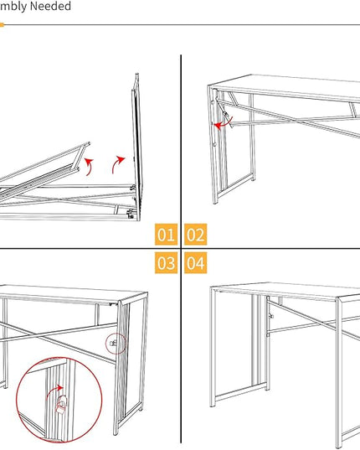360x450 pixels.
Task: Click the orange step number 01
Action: pyautogui.click(x=166, y=235)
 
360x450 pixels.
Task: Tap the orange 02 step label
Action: pyautogui.click(x=195, y=235)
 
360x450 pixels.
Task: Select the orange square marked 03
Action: pyautogui.click(x=166, y=263)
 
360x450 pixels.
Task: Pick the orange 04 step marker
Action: pyautogui.click(x=195, y=263)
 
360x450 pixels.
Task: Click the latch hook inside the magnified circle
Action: pyautogui.click(x=61, y=406)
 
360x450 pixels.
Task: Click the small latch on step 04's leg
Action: pyautogui.click(x=271, y=316)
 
